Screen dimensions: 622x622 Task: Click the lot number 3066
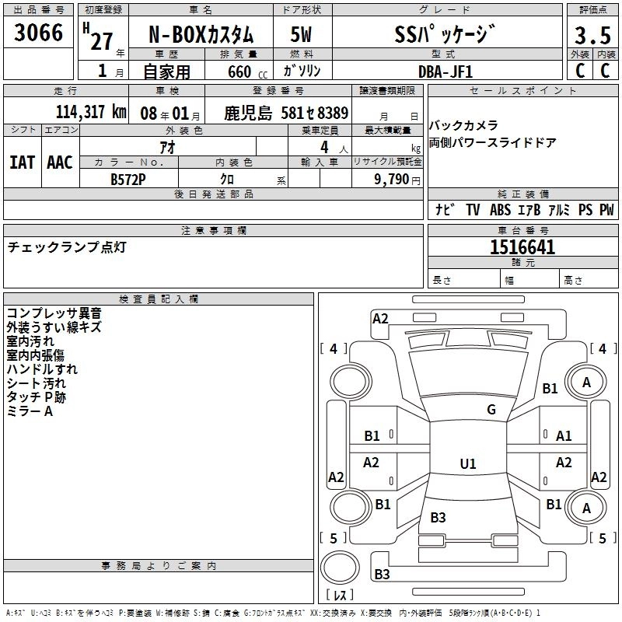click(x=39, y=33)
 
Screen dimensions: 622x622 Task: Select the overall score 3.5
click(x=592, y=36)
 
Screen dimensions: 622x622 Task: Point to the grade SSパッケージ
click(x=444, y=34)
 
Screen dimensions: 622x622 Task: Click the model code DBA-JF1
click(x=445, y=72)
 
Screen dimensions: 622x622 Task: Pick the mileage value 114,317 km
click(x=91, y=112)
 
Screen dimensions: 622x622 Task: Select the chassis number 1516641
click(x=522, y=247)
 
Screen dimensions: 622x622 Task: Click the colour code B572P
click(x=128, y=178)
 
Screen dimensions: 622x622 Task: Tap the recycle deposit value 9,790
click(x=397, y=179)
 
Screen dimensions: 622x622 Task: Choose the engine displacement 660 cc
click(x=239, y=72)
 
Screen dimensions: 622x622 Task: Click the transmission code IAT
click(x=22, y=162)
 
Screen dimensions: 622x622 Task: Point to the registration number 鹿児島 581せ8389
click(x=287, y=113)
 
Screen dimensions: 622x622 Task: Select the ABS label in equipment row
click(x=501, y=210)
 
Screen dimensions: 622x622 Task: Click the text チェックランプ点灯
click(x=66, y=247)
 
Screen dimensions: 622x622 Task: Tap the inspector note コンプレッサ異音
click(x=54, y=313)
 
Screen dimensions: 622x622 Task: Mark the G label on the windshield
click(x=491, y=410)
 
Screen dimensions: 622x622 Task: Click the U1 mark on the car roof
click(x=467, y=464)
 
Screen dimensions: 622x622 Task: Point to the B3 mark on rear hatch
click(x=438, y=518)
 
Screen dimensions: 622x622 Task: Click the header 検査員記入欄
click(x=159, y=299)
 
